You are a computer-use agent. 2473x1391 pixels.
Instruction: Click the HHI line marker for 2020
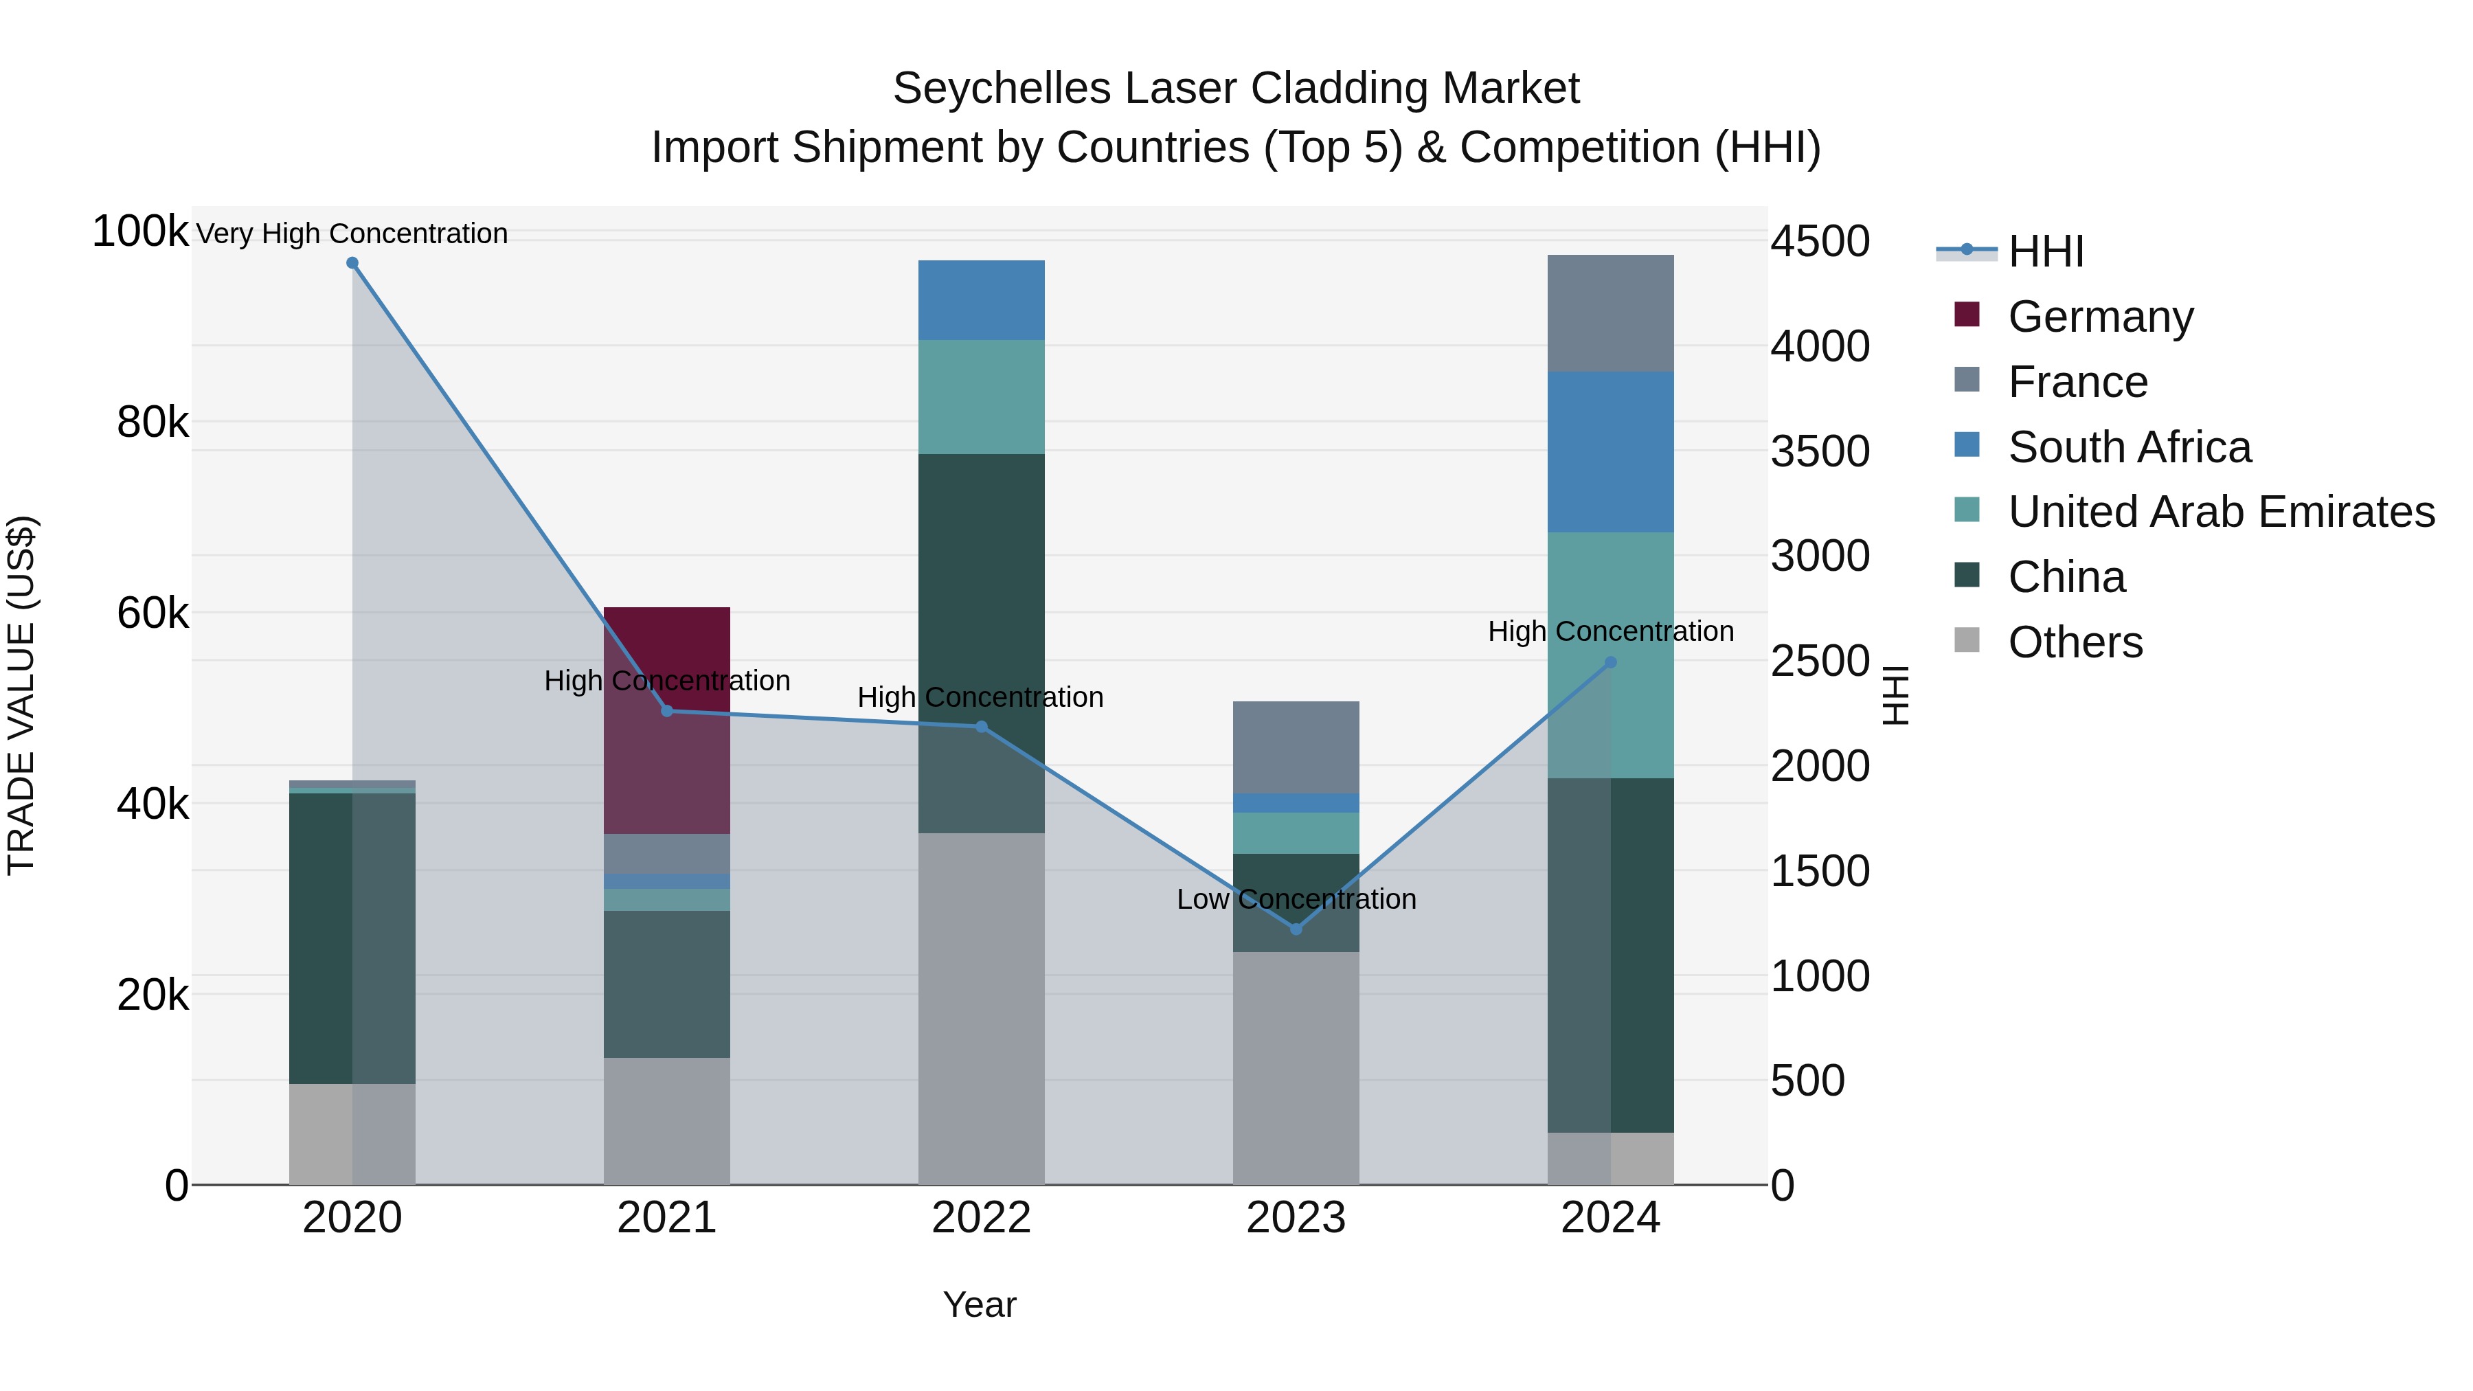[352, 263]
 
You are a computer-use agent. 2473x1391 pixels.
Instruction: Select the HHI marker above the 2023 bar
[1296, 929]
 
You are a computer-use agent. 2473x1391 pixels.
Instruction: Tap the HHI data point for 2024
[1611, 662]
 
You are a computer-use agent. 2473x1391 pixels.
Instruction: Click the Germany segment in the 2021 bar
[666, 720]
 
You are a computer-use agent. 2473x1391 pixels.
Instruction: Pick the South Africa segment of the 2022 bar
[981, 300]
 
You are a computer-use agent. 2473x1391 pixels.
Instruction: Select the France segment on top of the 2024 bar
[1611, 313]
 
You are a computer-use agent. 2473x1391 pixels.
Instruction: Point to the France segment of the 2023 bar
[1296, 747]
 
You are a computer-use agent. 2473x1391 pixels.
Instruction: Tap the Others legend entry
[2075, 642]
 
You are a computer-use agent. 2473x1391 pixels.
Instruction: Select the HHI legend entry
[2045, 251]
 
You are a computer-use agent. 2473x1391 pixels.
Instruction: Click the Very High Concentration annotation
[351, 234]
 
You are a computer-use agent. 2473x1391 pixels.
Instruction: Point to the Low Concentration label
[1296, 899]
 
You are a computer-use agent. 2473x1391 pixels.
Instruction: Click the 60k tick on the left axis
[153, 613]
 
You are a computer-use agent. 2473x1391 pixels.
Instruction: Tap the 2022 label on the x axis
[981, 1218]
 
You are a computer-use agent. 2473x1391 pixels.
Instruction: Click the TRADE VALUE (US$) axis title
[21, 695]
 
